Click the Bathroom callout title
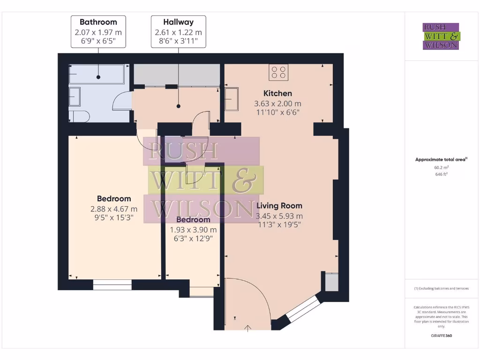pyautogui.click(x=98, y=22)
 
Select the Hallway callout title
pyautogui.click(x=178, y=22)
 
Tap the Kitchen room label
pyautogui.click(x=277, y=93)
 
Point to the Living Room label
pyautogui.click(x=279, y=205)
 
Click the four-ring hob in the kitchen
pyautogui.click(x=278, y=72)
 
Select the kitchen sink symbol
pyautogui.click(x=232, y=99)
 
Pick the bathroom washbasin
pyautogui.click(x=75, y=97)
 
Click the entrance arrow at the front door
pyautogui.click(x=248, y=327)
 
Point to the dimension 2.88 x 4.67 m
pyautogui.click(x=114, y=209)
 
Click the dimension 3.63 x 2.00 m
pyautogui.click(x=277, y=104)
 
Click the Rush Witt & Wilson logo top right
pyautogui.click(x=441, y=36)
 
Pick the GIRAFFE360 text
pyautogui.click(x=441, y=336)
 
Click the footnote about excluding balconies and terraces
pyautogui.click(x=441, y=288)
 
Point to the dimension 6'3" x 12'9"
pyautogui.click(x=193, y=239)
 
